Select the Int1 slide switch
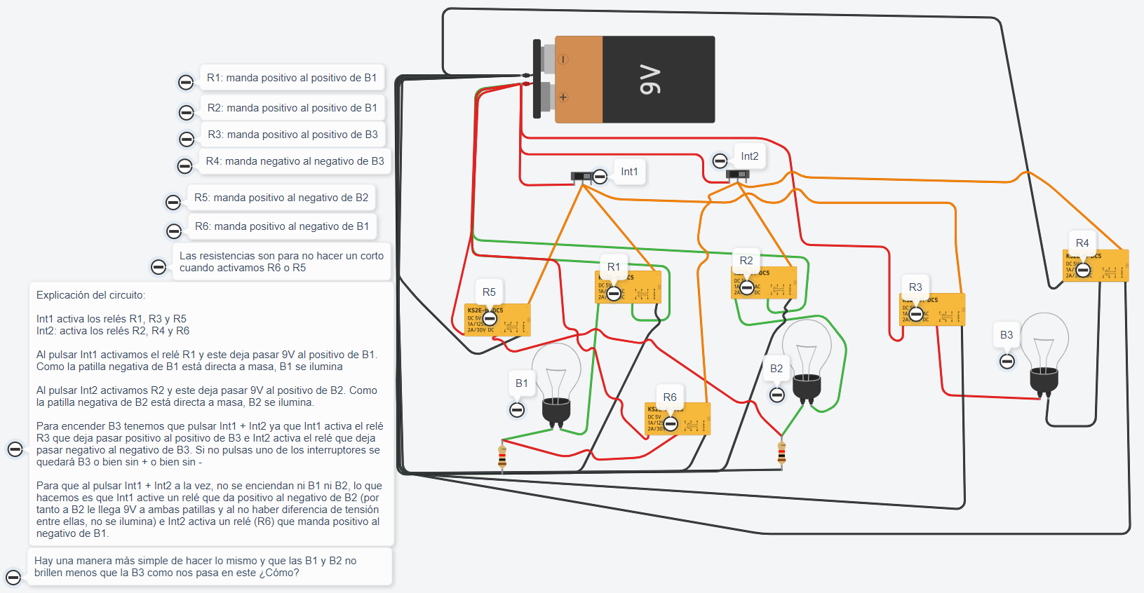(581, 176)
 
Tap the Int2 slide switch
(737, 175)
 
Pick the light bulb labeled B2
(807, 361)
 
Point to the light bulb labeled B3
(1044, 354)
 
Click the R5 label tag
(489, 292)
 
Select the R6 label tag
(670, 397)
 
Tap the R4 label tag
(1082, 243)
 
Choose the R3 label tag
(915, 287)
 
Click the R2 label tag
(746, 261)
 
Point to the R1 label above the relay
(614, 267)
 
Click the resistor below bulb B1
(502, 457)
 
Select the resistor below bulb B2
(781, 453)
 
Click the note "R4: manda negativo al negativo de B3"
(295, 161)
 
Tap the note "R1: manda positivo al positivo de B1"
(292, 78)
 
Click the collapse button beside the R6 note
(174, 231)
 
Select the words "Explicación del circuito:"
(91, 295)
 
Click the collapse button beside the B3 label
(1007, 362)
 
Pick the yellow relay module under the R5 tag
(497, 320)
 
